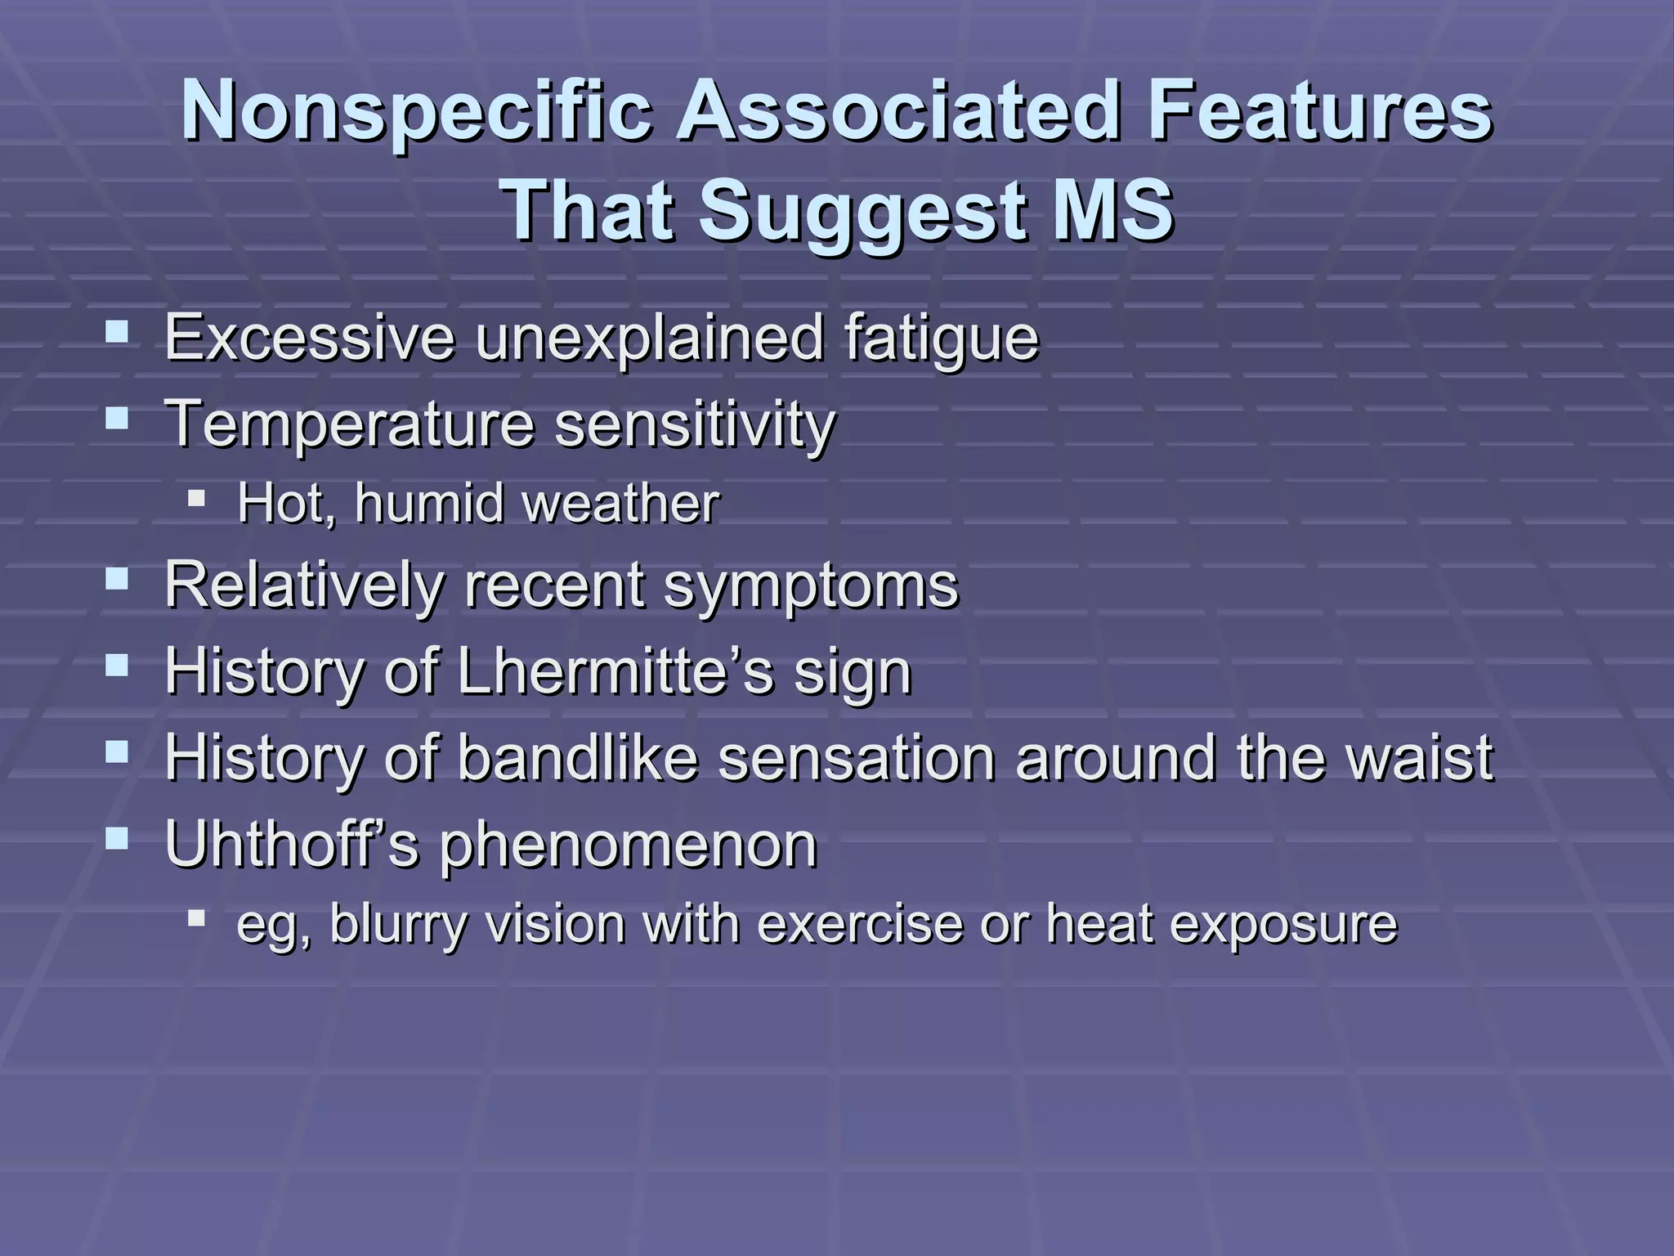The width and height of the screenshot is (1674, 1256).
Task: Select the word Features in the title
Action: coord(1319,112)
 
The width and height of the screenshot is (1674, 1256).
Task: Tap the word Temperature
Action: coord(349,424)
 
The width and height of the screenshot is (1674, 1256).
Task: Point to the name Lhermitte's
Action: coord(615,671)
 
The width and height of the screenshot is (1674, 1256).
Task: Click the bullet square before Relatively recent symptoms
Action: coord(118,580)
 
